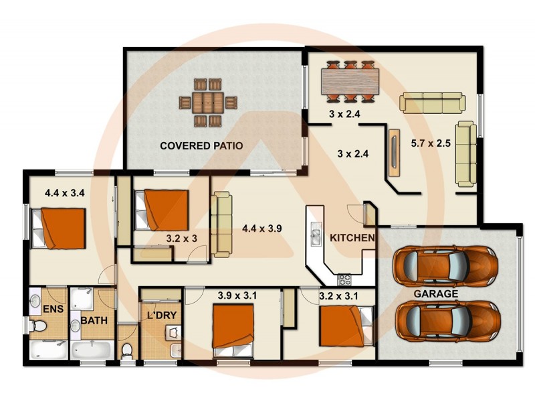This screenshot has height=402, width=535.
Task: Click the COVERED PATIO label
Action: (x=201, y=145)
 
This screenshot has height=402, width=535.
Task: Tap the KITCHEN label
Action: (x=352, y=238)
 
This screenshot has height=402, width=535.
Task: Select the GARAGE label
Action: (x=435, y=293)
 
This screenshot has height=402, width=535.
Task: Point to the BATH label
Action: (x=94, y=322)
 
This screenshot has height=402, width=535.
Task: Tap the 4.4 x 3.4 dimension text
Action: (x=64, y=194)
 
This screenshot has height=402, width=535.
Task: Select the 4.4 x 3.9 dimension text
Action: (x=261, y=228)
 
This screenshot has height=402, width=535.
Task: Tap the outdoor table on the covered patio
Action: (x=208, y=103)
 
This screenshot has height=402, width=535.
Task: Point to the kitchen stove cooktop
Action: (x=344, y=279)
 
